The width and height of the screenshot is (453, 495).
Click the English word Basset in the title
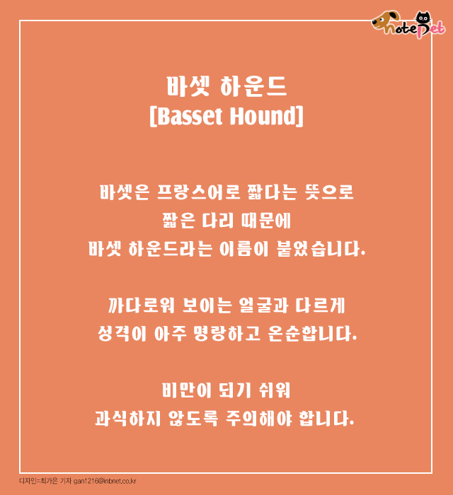[190, 116]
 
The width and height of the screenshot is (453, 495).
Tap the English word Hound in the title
[263, 116]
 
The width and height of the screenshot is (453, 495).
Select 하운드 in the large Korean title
[253, 86]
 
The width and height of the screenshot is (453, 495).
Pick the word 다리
[218, 221]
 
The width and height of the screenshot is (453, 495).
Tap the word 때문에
[265, 221]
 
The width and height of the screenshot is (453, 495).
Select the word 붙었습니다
[321, 249]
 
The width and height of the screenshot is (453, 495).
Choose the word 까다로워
[141, 305]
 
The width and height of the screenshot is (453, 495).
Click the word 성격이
[122, 334]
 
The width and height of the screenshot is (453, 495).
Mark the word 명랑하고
[226, 334]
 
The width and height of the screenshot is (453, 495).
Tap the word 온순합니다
[312, 334]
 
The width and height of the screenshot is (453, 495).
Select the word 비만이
[186, 390]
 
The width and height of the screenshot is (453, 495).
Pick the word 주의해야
[259, 419]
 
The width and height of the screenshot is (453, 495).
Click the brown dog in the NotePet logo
[385, 21]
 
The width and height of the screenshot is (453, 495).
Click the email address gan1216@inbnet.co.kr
[105, 481]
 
